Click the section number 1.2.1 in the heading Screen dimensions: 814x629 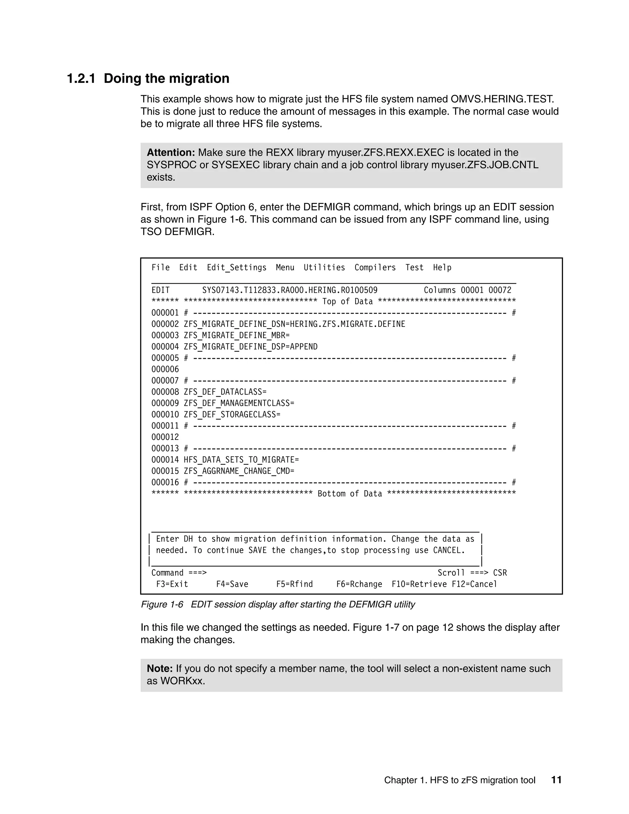coord(81,79)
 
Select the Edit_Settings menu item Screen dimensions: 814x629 coord(236,268)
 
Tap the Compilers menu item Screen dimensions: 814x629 coord(375,268)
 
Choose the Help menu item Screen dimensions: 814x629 coord(442,268)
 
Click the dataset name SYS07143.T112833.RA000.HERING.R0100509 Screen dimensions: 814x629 coord(290,290)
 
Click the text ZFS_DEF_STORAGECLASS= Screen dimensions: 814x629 coord(232,415)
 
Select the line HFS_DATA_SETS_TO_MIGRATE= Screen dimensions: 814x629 coord(241,460)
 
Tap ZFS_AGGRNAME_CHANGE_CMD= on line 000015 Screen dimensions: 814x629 coord(239,471)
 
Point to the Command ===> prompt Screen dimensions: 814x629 coord(179,573)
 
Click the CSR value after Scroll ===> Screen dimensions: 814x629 coord(500,573)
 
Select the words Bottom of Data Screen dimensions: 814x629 coord(350,494)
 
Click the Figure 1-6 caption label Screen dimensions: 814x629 coord(162,605)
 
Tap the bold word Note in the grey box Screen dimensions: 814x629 coord(159,669)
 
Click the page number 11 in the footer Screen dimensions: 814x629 coord(556,780)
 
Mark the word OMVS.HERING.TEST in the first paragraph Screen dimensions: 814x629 coord(502,99)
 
